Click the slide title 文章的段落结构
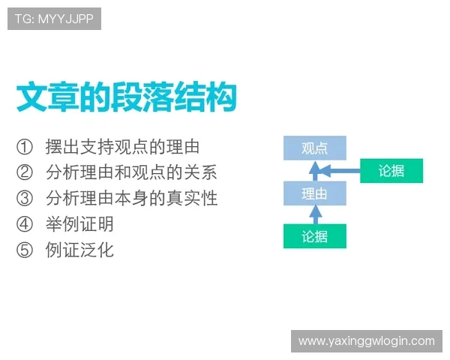(x=127, y=98)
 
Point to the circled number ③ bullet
(x=25, y=199)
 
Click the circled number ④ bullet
(x=25, y=224)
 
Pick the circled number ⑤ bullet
(x=25, y=250)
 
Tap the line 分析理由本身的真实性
(x=131, y=199)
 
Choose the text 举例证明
(x=79, y=224)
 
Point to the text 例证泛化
(x=79, y=250)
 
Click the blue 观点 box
(x=315, y=148)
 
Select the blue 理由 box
(x=315, y=193)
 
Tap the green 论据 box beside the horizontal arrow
(x=391, y=171)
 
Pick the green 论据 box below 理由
(x=315, y=236)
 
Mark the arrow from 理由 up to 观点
(x=315, y=170)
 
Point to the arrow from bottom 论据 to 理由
(x=315, y=215)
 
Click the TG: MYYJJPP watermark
(x=54, y=19)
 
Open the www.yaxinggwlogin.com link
(x=366, y=341)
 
